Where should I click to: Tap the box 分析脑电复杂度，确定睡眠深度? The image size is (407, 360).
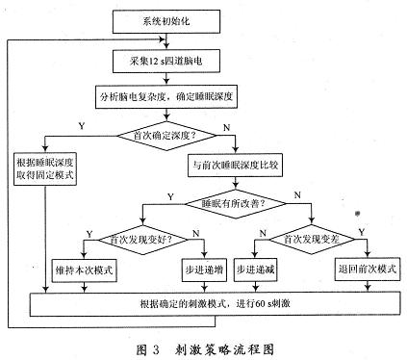(166, 97)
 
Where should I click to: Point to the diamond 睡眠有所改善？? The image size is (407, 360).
(235, 204)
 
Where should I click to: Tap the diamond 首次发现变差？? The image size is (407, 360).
(309, 236)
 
